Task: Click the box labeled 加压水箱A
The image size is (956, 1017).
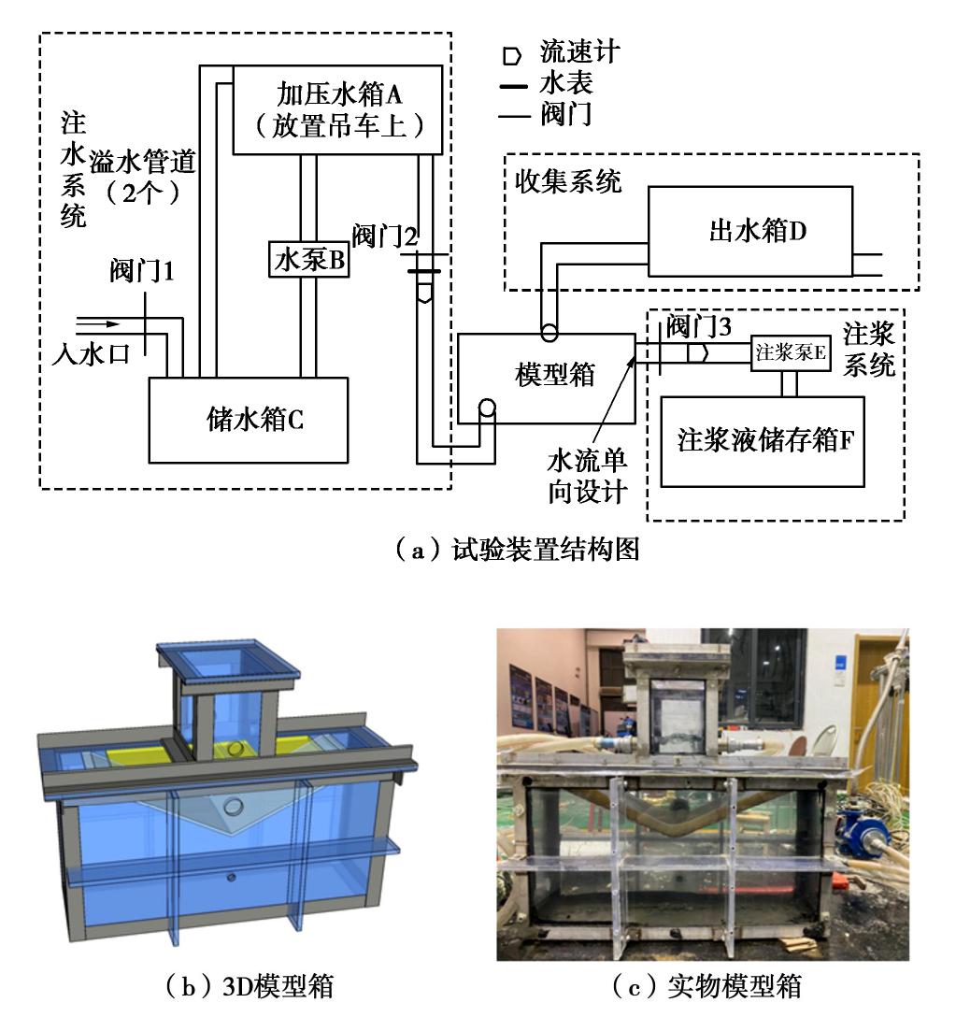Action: (335, 109)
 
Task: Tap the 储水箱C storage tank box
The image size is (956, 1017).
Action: (250, 420)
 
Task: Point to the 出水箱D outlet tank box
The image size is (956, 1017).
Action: (750, 231)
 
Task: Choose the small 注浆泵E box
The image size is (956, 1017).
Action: (791, 352)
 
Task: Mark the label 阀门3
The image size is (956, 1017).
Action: (692, 328)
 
